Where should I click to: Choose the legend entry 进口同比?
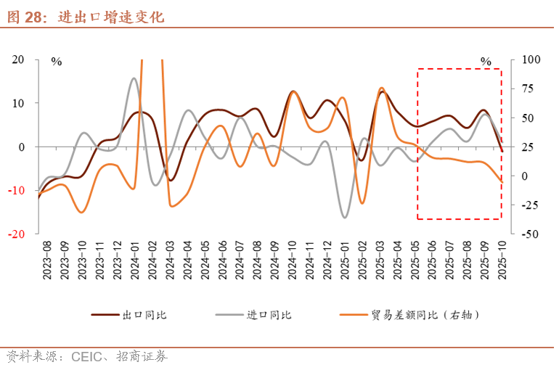tap(269, 315)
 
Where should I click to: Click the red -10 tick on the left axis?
tap(17, 190)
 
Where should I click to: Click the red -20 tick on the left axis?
tap(17, 234)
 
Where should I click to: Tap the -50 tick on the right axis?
tap(527, 234)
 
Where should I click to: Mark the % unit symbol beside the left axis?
tap(57, 62)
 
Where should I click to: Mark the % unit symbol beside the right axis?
tap(486, 62)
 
